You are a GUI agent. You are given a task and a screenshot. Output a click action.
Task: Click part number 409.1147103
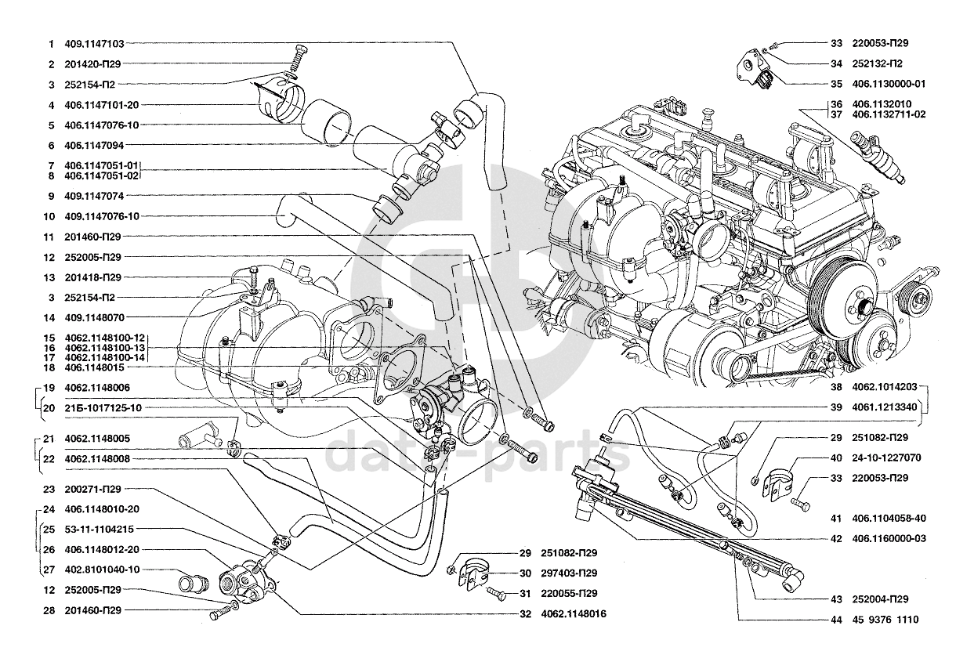(94, 44)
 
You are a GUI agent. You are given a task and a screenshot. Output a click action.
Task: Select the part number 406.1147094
(94, 145)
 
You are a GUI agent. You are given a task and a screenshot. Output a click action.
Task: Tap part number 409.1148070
(94, 318)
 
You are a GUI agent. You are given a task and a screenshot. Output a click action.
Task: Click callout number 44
(836, 619)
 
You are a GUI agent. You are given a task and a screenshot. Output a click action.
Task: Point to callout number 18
(49, 367)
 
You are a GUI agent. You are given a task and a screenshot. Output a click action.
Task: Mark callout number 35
(836, 84)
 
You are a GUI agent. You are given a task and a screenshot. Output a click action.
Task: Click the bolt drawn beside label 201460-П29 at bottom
(216, 613)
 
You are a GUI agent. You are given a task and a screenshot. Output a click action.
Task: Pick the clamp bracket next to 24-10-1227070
(777, 479)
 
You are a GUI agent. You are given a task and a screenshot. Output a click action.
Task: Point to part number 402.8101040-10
(103, 570)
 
